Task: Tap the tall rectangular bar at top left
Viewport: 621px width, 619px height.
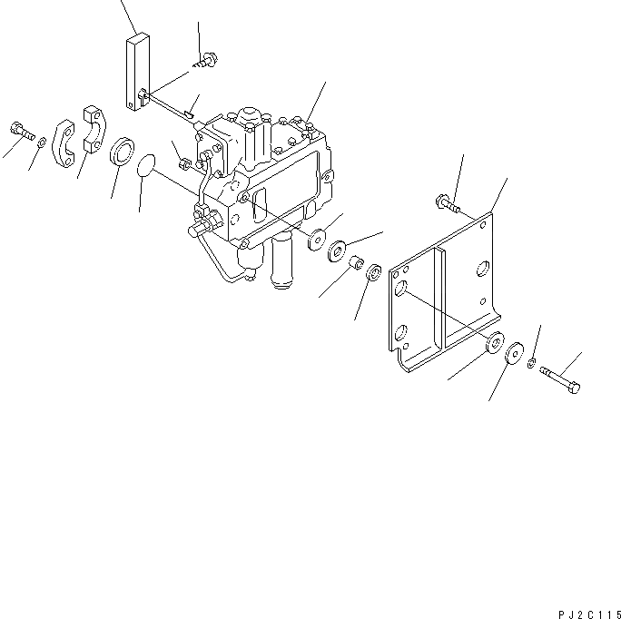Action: click(x=136, y=74)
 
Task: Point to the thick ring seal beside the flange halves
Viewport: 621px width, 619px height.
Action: click(x=122, y=151)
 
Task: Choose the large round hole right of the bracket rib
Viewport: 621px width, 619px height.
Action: click(x=484, y=269)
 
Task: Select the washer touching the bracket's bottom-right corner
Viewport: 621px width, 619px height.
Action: click(x=496, y=343)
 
